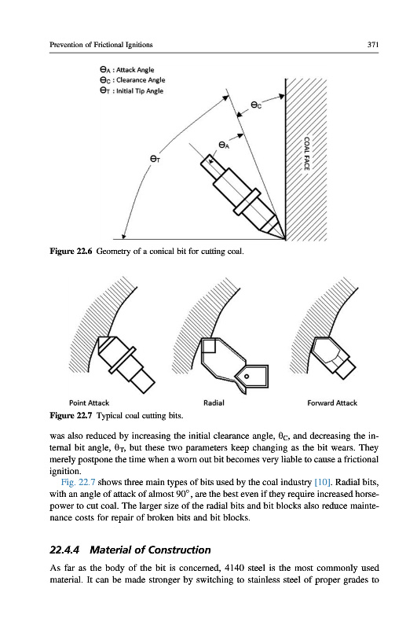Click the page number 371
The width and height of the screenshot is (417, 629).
(372, 45)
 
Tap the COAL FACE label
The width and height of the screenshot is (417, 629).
(307, 153)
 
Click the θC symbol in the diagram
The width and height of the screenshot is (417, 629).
(256, 105)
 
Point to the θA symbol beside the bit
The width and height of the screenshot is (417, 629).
(224, 145)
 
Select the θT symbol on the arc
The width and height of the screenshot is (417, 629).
(155, 160)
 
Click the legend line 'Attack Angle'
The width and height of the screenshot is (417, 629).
(127, 69)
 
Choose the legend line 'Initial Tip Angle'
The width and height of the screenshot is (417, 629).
(131, 90)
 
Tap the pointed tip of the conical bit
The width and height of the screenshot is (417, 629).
(285, 239)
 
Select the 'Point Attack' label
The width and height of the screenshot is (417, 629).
(89, 403)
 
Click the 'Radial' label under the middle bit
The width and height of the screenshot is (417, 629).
(214, 403)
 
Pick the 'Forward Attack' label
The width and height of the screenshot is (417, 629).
(332, 403)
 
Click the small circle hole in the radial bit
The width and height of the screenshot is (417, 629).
(247, 376)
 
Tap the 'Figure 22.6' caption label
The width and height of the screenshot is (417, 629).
(71, 252)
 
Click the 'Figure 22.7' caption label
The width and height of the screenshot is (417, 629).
(71, 415)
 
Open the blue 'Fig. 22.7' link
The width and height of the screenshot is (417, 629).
(78, 482)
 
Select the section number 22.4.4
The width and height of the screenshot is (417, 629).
(64, 550)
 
